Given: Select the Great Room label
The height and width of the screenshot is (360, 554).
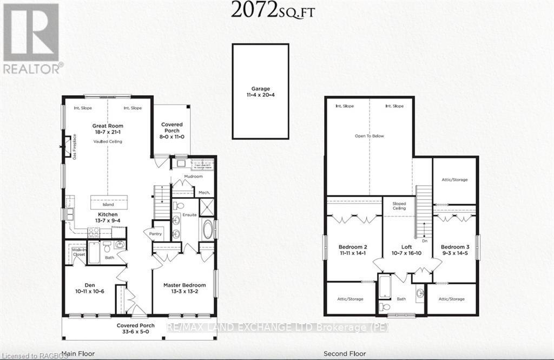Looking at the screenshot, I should (x=108, y=129).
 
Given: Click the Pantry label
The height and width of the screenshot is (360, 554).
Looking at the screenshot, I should (x=150, y=233).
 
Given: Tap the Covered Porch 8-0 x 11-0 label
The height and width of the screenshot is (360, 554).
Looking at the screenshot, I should (x=172, y=128).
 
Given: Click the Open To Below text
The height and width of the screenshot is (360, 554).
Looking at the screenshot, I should (x=370, y=136).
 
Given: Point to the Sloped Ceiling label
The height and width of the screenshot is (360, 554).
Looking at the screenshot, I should (x=399, y=206).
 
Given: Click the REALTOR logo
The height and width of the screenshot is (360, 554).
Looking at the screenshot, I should (x=31, y=38).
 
